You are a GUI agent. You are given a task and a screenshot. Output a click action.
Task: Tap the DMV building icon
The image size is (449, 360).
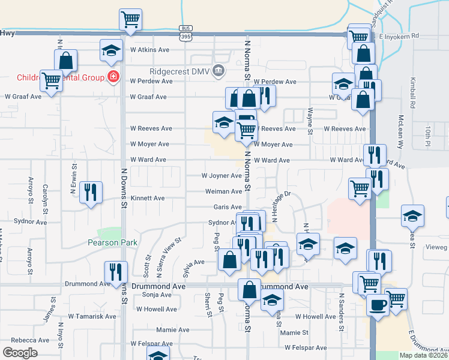click(x=218, y=71)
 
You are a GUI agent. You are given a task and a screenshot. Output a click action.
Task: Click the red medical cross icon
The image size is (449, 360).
click(x=112, y=77)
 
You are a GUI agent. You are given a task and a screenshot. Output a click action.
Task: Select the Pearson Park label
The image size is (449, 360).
click(x=112, y=242)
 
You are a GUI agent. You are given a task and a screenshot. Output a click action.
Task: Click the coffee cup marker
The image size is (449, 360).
click(x=378, y=304)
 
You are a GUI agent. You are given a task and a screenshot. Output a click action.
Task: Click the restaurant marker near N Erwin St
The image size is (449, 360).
click(x=91, y=192)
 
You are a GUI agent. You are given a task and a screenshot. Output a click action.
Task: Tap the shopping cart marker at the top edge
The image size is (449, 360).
click(x=130, y=20)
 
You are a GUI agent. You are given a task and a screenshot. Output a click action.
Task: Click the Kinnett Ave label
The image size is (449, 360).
click(x=148, y=198)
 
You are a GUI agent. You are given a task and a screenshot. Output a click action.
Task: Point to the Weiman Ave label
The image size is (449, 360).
click(x=223, y=191)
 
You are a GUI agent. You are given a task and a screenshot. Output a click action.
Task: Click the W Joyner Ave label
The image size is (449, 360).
click(x=221, y=176)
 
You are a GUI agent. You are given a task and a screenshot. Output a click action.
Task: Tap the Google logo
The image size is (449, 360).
click(x=20, y=353)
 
